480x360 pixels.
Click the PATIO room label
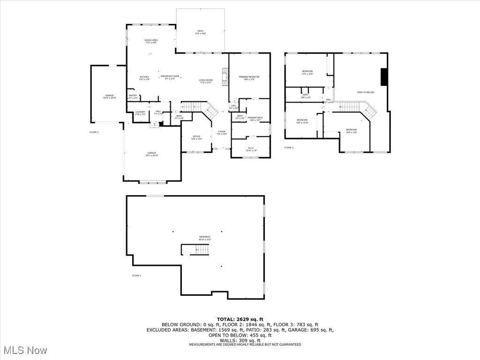pos(200,31)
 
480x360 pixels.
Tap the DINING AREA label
pos(151,40)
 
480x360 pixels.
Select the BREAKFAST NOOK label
pos(170,76)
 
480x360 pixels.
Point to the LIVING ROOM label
pos(206,80)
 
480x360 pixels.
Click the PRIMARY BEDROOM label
pos(249,77)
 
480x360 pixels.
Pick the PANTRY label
pos(133,96)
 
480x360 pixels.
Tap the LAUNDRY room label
pos(140,112)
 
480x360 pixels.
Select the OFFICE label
pos(196,136)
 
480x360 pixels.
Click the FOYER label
pos(222,132)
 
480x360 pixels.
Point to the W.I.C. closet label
pos(251,149)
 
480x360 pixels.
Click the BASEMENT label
pos(205,237)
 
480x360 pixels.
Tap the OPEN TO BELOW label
pos(366,92)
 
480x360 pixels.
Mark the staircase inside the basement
pos(195,250)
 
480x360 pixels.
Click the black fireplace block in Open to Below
pos(384,77)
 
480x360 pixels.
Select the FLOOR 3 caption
pos(289,148)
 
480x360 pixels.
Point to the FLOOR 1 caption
pos(136,276)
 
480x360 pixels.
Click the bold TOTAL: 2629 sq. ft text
pos(240,319)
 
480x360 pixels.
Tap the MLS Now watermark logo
pos(25,350)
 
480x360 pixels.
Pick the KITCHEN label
pos(144,76)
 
